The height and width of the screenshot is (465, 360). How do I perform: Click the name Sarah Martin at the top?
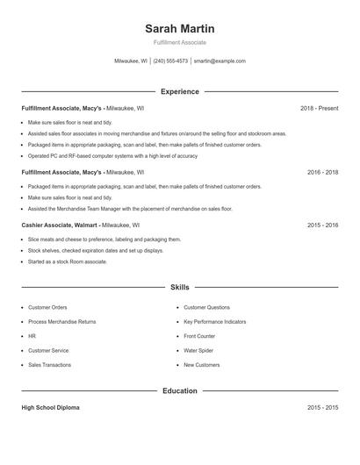tap(179, 29)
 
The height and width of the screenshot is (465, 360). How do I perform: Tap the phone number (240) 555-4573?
tap(170, 61)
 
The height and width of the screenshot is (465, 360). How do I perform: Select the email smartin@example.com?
tap(220, 61)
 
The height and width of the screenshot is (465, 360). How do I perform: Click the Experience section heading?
tap(179, 91)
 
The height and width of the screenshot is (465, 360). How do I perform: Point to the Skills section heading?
tap(179, 287)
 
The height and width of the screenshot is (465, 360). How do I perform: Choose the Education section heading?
tap(179, 390)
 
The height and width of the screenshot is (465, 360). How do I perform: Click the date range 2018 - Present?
tap(319, 108)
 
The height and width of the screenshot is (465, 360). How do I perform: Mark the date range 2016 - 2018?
tap(322, 173)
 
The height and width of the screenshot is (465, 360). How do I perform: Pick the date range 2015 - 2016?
tap(322, 225)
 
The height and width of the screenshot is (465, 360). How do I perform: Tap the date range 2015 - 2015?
tap(322, 408)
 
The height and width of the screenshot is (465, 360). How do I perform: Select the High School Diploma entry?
tap(51, 408)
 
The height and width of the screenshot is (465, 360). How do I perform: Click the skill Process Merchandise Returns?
tap(61, 322)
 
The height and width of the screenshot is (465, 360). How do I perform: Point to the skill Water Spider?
tap(198, 350)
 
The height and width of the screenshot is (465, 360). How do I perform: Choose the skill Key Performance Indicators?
tap(215, 322)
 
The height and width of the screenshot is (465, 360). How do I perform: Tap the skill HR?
tap(32, 336)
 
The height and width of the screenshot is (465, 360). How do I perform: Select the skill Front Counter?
tap(199, 336)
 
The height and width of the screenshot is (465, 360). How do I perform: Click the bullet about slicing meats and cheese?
tap(104, 239)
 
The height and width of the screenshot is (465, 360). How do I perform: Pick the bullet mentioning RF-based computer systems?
tap(112, 155)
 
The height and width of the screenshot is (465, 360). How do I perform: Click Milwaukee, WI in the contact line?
tap(131, 61)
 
